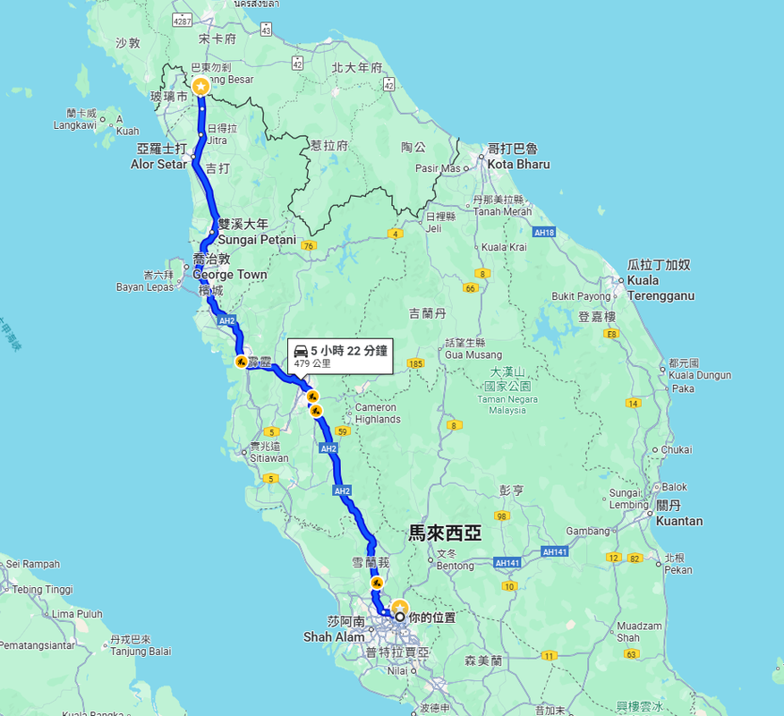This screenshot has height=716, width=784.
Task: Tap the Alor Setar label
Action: click(159, 164)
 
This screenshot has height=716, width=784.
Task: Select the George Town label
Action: click(230, 275)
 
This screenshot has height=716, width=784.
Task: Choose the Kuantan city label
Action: click(679, 521)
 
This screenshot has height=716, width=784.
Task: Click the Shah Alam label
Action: click(334, 636)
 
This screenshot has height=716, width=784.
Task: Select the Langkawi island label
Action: click(74, 125)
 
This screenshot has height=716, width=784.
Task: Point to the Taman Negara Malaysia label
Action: click(507, 405)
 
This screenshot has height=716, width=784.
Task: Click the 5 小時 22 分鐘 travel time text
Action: click(349, 351)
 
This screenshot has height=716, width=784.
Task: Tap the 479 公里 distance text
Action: click(312, 364)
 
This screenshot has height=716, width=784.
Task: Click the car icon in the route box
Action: click(301, 351)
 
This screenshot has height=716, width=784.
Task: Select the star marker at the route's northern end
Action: click(200, 86)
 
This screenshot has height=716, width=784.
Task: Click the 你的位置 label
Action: click(432, 618)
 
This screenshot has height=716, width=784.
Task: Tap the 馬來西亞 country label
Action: click(445, 533)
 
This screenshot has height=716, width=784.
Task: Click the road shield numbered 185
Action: click(414, 363)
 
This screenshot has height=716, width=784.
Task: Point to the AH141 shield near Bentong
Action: click(507, 562)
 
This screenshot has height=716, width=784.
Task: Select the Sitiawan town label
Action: click(269, 458)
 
